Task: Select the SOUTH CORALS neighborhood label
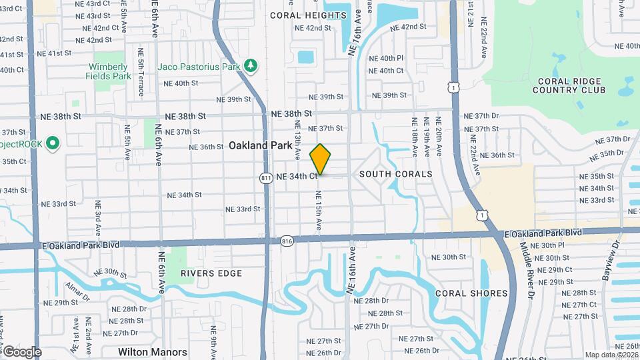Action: click(x=396, y=174)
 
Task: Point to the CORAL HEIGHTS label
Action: click(x=309, y=15)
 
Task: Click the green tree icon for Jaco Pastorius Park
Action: click(x=250, y=66)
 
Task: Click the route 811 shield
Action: click(x=267, y=177)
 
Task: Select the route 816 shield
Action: click(x=287, y=241)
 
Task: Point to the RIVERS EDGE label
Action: click(x=211, y=273)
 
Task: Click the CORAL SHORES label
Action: click(x=471, y=293)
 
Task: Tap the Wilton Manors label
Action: click(x=153, y=351)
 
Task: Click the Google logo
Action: click(x=22, y=351)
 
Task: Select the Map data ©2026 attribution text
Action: click(x=611, y=355)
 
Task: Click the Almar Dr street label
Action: click(x=77, y=291)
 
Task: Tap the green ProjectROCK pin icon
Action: click(x=52, y=143)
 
